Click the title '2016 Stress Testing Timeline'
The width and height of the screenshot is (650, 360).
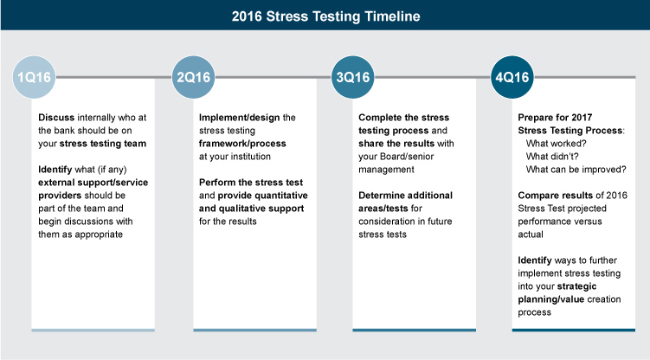tap(325, 16)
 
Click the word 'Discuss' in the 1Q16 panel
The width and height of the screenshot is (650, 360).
tap(56, 117)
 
